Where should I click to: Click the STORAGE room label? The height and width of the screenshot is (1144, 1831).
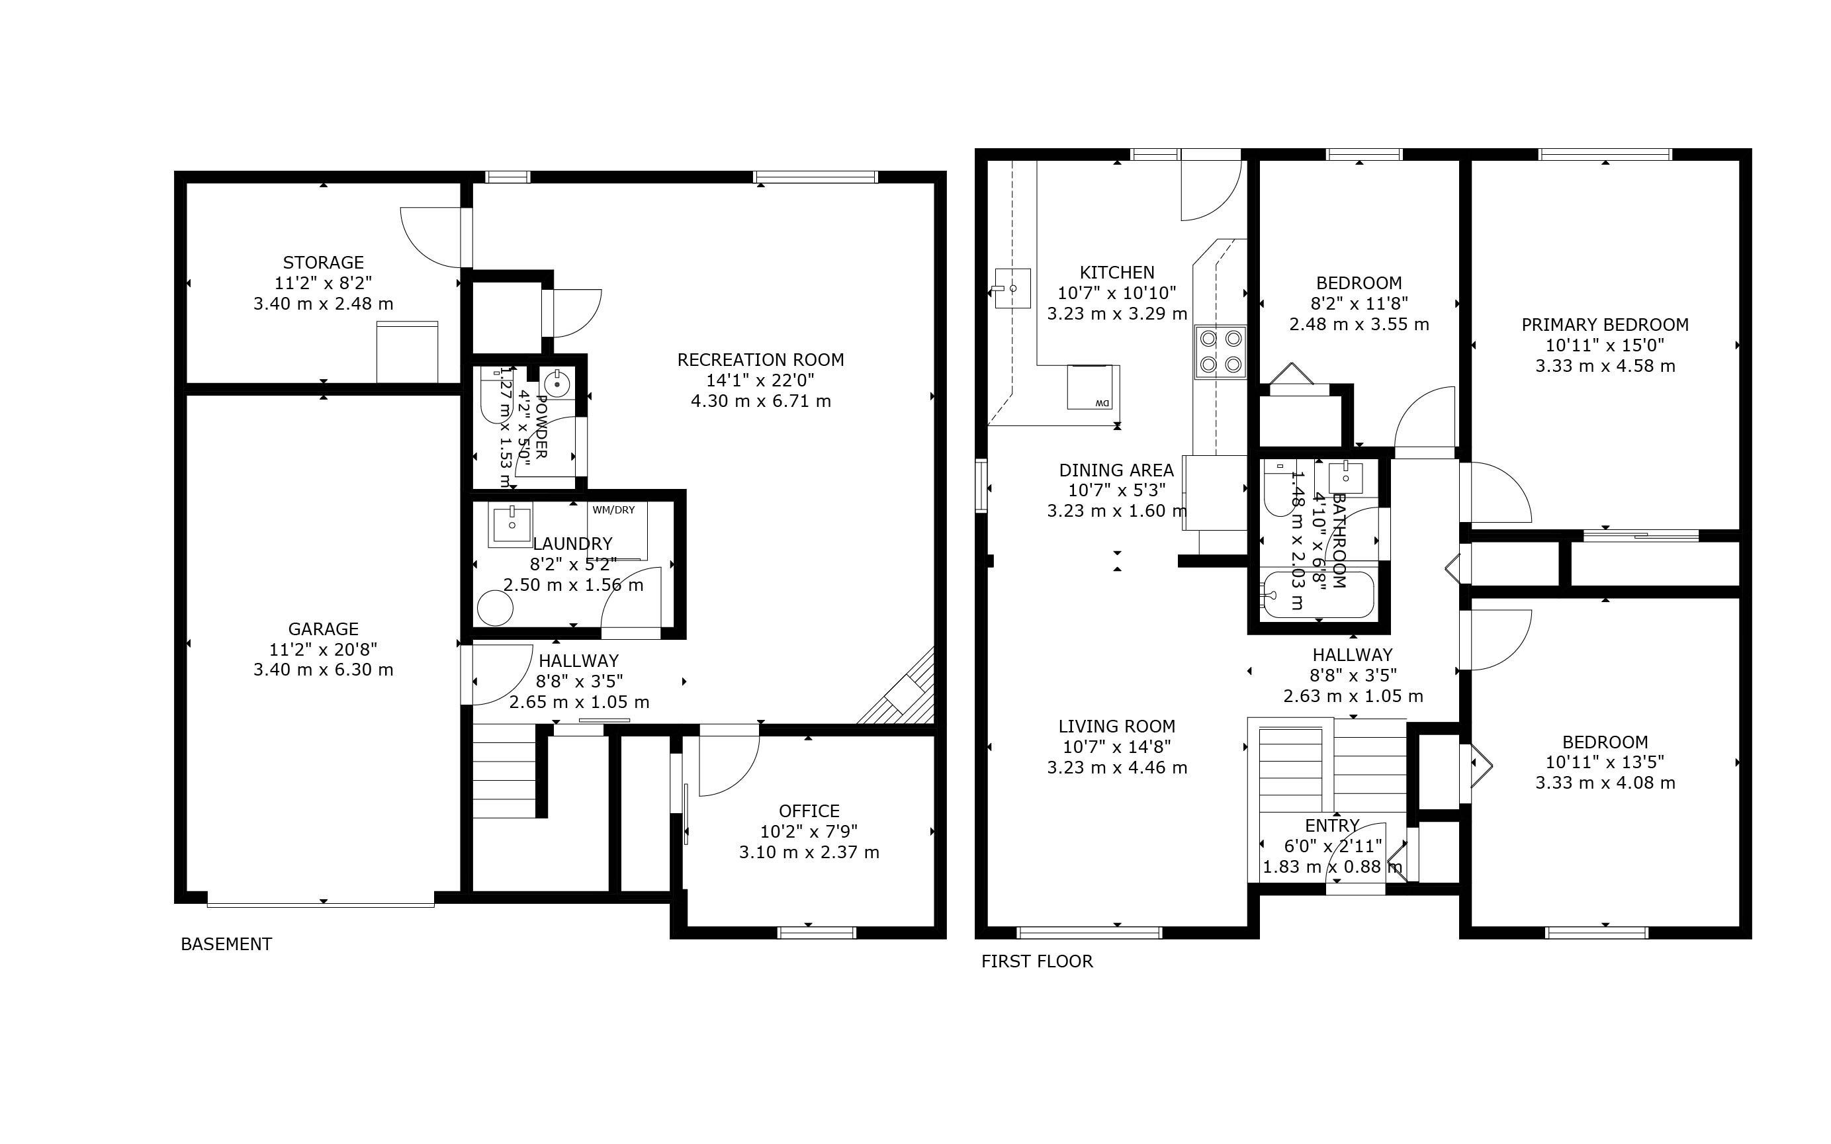(323, 263)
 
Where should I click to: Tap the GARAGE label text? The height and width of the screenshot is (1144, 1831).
(323, 629)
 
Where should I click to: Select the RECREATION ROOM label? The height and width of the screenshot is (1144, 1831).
(760, 359)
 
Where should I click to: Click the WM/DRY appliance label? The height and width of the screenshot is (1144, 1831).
(613, 510)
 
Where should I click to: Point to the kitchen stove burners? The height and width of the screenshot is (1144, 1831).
(1220, 352)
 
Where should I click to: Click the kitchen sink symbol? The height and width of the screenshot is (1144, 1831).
(1012, 288)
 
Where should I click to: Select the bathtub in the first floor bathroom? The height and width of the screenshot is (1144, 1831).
(1318, 595)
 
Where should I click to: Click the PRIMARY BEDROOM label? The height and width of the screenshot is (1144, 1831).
(1605, 325)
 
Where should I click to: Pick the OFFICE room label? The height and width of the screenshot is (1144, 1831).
(809, 811)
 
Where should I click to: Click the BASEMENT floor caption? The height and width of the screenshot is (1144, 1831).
(226, 944)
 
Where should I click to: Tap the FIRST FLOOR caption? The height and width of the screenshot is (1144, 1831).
(1036, 961)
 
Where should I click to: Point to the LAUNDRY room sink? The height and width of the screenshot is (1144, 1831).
(511, 523)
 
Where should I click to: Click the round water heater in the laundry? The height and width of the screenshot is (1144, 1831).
(495, 607)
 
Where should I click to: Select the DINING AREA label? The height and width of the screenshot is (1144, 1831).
(1116, 470)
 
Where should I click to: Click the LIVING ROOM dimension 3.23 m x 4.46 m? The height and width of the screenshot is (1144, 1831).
(1117, 768)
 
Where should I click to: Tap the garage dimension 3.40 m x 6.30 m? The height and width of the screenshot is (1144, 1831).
(323, 670)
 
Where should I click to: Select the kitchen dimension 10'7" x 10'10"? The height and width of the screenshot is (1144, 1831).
(1117, 293)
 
